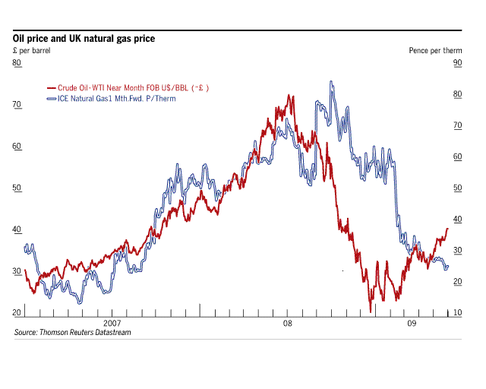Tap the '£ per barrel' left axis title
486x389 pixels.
31,50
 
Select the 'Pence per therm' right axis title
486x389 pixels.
431,50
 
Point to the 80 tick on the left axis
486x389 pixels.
16,63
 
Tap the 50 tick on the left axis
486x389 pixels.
16,188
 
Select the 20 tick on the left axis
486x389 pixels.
16,313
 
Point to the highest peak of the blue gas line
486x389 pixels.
330,81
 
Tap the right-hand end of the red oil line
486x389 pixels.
448,229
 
